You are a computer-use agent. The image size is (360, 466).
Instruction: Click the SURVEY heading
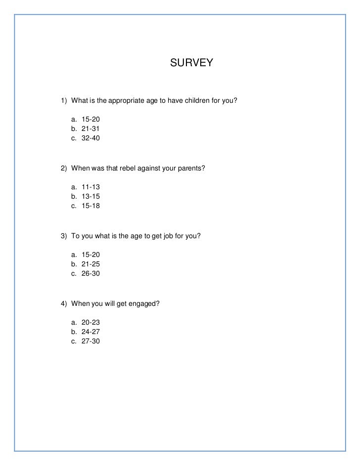tap(191, 63)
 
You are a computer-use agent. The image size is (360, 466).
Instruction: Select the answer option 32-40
tap(90, 138)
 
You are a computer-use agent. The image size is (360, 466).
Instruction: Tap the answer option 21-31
tap(90, 129)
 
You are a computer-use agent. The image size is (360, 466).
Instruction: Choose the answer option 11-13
tap(90, 187)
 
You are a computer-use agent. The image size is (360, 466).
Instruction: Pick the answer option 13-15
tap(90, 197)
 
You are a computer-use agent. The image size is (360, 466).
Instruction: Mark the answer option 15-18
tap(90, 206)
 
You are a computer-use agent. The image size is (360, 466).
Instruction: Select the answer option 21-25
tap(90, 264)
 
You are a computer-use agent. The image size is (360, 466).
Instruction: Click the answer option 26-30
tap(90, 273)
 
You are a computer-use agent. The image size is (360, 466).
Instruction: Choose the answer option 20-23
tap(90, 322)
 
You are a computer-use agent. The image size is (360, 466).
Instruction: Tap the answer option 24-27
tap(90, 332)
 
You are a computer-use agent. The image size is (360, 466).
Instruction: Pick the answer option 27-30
tap(90, 340)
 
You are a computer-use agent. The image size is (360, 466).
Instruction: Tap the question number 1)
tap(64, 101)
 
